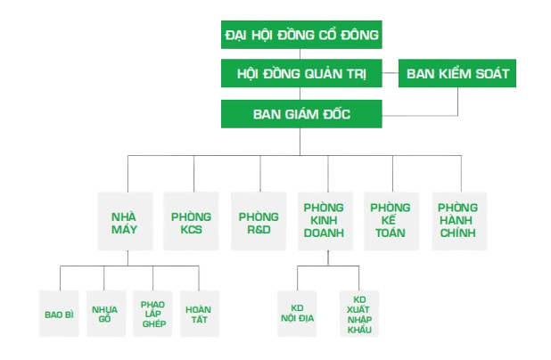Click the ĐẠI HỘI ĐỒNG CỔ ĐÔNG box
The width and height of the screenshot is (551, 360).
(x=300, y=36)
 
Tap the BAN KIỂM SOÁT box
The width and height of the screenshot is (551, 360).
(x=457, y=74)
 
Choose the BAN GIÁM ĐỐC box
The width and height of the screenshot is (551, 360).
(x=300, y=113)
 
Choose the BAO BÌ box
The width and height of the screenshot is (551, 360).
(x=59, y=314)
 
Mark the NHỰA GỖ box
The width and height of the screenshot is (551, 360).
(x=105, y=314)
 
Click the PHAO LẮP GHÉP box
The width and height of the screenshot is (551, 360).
(x=152, y=314)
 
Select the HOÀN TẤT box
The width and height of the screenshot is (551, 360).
(x=198, y=314)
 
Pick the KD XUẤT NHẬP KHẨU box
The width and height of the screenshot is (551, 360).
(x=359, y=314)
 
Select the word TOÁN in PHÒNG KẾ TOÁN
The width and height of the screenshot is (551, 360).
(x=390, y=233)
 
